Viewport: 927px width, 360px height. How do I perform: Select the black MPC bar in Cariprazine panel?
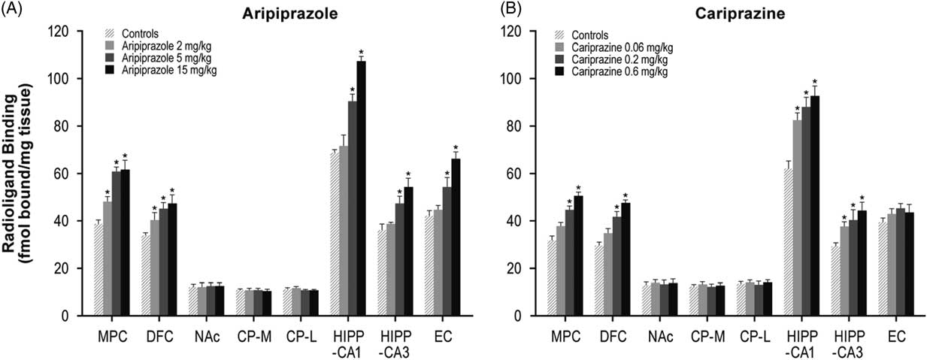pos(578,256)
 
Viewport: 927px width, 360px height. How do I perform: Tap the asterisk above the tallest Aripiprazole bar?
pos(361,53)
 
